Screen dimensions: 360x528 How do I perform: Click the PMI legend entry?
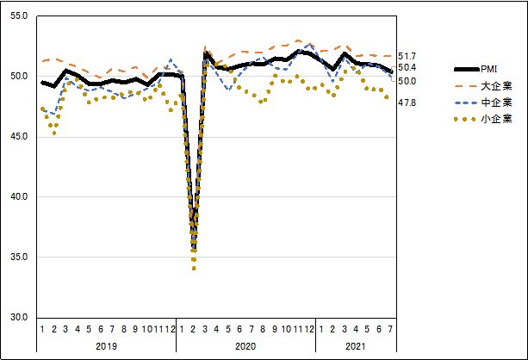(x=488, y=69)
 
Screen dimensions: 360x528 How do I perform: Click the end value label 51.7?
(x=407, y=56)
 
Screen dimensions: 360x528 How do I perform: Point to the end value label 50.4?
(x=407, y=68)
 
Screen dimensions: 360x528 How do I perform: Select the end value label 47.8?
(x=407, y=102)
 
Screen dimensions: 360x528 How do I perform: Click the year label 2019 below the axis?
(x=105, y=345)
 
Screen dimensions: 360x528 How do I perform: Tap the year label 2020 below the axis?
(x=245, y=345)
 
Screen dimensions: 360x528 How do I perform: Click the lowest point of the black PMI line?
(x=194, y=250)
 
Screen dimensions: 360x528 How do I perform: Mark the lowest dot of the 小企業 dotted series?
(x=194, y=269)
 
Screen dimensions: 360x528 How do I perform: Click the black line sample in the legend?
(x=465, y=69)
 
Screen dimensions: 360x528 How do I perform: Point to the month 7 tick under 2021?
(x=392, y=329)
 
